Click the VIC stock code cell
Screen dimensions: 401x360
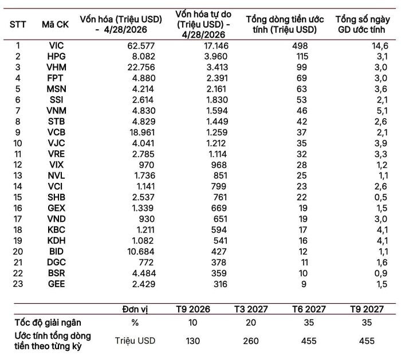(56, 45)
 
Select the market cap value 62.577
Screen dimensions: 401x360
(141, 46)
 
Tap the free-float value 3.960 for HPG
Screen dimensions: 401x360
(215, 56)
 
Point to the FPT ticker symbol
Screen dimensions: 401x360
(55, 78)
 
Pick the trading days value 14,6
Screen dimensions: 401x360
(380, 46)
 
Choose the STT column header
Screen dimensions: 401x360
(18, 25)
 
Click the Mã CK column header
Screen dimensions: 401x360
(55, 24)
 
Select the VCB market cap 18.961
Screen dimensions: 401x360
(141, 132)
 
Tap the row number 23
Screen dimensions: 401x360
(18, 284)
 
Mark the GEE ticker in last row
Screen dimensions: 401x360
(56, 284)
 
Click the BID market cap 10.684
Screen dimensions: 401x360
(141, 252)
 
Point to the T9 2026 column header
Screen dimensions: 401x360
(193, 309)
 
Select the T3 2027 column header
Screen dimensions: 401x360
(251, 309)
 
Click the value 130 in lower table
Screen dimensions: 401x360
(193, 341)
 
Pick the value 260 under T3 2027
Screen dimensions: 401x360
(251, 341)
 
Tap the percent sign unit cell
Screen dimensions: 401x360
(135, 323)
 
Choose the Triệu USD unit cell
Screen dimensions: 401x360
(135, 341)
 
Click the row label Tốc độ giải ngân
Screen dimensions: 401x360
(48, 323)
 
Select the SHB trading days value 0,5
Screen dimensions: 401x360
(381, 197)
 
